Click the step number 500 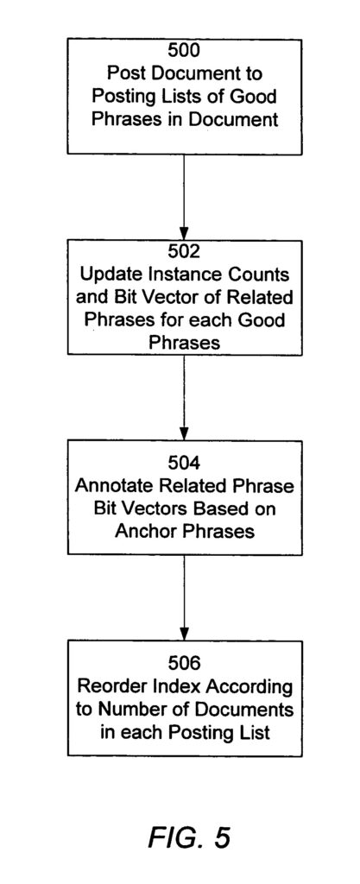(x=184, y=51)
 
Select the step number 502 (x=184, y=251)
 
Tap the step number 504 (x=184, y=463)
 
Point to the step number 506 (x=184, y=663)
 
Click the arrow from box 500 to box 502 (x=184, y=198)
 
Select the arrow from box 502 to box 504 (x=184, y=397)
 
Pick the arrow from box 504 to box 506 (x=184, y=597)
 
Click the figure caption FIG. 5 (x=189, y=837)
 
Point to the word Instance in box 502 (x=179, y=275)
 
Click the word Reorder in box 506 (x=110, y=686)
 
